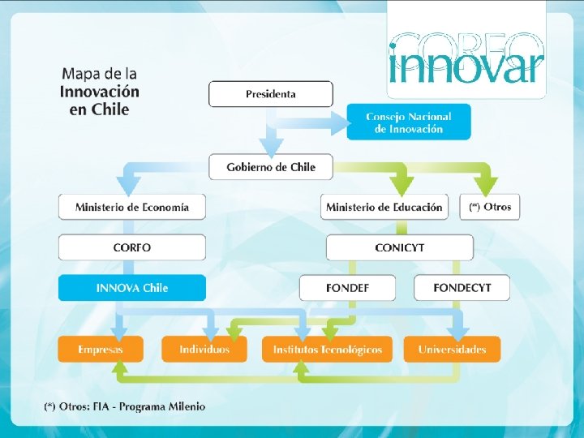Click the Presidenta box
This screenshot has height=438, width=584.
(271, 94)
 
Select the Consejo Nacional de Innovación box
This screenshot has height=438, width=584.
(409, 122)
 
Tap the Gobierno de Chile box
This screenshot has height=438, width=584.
(271, 167)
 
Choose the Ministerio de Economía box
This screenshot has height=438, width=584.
(132, 207)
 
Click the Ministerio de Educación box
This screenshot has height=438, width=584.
(384, 207)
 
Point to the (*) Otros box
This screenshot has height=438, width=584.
(490, 207)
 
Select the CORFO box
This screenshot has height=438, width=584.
(132, 247)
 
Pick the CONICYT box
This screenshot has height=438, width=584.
(399, 247)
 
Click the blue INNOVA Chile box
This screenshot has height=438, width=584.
(132, 288)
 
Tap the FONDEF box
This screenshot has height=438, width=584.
(347, 288)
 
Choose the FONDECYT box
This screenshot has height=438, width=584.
(462, 288)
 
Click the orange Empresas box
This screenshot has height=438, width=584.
(101, 350)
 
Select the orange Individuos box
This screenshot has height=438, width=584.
(204, 350)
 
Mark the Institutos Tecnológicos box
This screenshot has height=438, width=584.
(327, 350)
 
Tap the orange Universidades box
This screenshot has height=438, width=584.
(452, 350)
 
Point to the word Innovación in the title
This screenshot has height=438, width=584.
(99, 92)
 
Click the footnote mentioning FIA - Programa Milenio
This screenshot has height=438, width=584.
(125, 406)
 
